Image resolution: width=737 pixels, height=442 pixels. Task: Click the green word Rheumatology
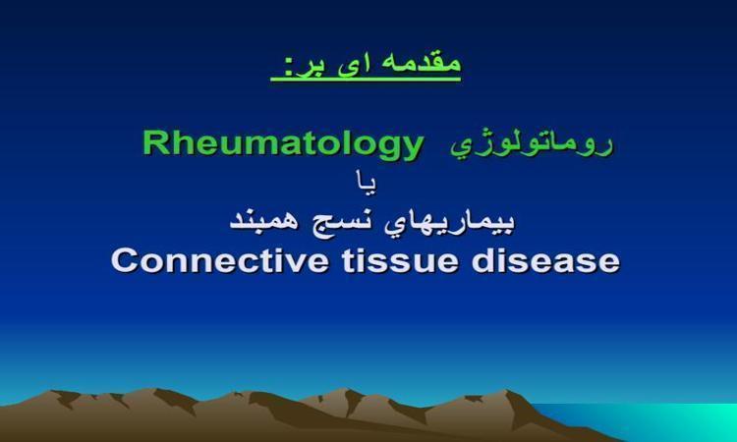[x=283, y=145]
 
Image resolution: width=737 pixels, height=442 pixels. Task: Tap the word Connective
[x=220, y=260]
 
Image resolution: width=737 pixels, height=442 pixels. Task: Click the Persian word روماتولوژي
[x=532, y=145]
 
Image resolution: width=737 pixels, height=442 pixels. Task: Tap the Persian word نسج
[x=340, y=222]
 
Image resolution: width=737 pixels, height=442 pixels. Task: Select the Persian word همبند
[x=263, y=220]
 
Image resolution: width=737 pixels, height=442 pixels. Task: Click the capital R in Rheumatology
[x=155, y=142]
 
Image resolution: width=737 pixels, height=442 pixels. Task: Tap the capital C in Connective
[x=124, y=260]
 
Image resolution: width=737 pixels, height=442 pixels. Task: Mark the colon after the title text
[x=288, y=69]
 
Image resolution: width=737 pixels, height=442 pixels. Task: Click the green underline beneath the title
[x=366, y=79]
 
